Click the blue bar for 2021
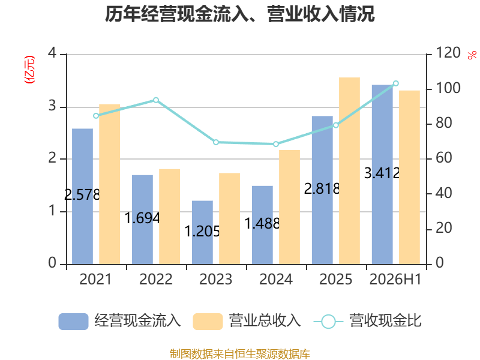click(82, 197)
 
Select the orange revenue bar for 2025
click(349, 171)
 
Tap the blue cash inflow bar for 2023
click(202, 233)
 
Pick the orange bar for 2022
click(169, 217)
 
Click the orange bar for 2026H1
click(409, 178)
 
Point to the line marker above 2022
click(156, 100)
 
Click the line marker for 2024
click(276, 144)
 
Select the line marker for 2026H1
click(396, 83)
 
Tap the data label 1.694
click(142, 218)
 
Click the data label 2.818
click(322, 188)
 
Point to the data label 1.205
click(202, 231)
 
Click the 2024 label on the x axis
click(276, 279)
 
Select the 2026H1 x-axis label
click(395, 279)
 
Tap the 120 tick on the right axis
click(448, 53)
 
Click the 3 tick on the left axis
click(52, 106)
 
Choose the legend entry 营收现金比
click(368, 321)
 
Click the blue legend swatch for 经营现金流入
click(73, 322)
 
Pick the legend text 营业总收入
click(265, 321)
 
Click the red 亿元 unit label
click(29, 70)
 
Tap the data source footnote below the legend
click(240, 354)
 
